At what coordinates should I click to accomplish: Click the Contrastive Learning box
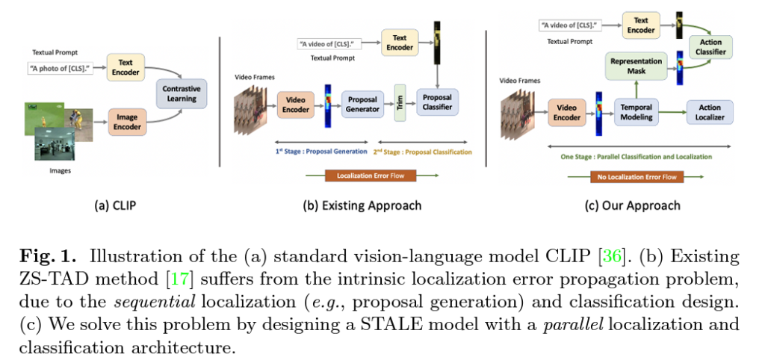point(182,93)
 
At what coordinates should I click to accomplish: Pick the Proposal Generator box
point(362,104)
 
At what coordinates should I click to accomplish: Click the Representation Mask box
point(637,66)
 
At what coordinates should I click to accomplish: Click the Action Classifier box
point(711,48)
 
